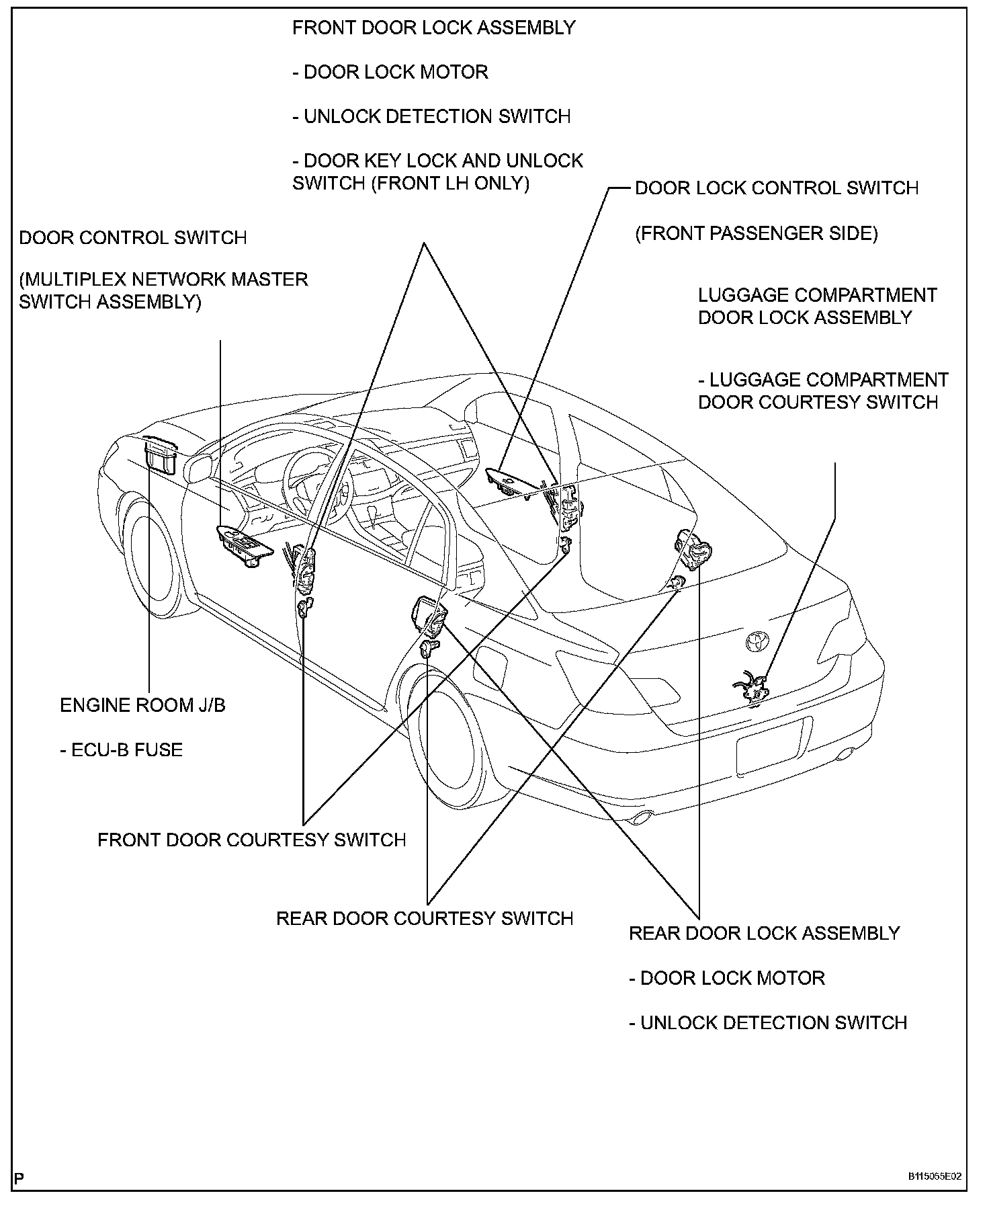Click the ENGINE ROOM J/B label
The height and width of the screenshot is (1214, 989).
[142, 705]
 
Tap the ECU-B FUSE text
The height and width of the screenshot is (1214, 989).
[122, 750]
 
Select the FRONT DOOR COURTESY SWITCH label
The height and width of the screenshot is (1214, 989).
[252, 840]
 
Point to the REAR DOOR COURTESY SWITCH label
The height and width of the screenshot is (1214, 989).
[425, 919]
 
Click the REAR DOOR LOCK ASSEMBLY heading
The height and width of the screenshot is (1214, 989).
[764, 933]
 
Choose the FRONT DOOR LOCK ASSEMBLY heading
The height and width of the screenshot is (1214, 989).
[434, 28]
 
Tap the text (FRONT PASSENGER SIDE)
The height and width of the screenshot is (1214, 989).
[757, 233]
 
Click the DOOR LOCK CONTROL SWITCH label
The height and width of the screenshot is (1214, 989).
[777, 188]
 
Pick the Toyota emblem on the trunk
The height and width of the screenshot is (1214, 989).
[757, 641]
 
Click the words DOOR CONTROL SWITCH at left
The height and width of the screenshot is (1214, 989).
[133, 238]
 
